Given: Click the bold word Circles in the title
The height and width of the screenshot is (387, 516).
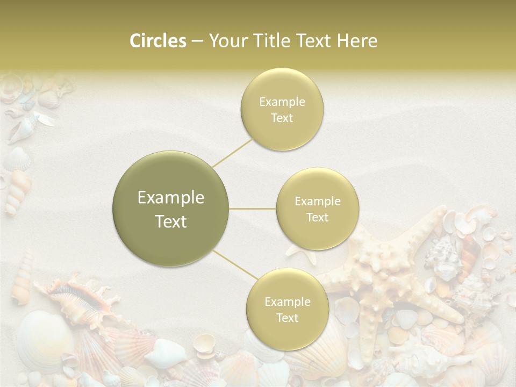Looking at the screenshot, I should [157, 41].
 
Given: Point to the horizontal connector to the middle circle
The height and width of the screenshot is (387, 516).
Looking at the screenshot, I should [253, 209].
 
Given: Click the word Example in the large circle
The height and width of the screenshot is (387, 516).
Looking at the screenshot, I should [171, 198].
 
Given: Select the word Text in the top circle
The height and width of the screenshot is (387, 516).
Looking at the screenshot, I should [282, 118].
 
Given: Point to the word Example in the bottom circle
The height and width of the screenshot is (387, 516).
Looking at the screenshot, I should [287, 302].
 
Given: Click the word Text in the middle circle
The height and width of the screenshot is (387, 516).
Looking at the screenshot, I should [318, 217].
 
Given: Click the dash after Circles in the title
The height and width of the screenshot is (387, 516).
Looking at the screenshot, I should [197, 41].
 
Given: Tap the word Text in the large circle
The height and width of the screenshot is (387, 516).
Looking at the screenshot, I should [171, 221].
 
